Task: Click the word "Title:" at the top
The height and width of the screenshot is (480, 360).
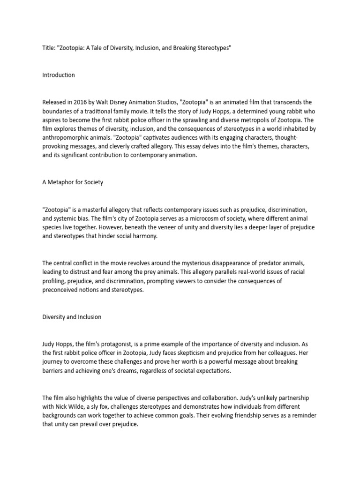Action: (x=49, y=48)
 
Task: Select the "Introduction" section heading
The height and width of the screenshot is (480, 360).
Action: (x=58, y=75)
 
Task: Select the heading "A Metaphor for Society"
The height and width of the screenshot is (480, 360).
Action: (x=73, y=182)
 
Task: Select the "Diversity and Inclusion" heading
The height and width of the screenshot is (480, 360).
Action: (x=72, y=317)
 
